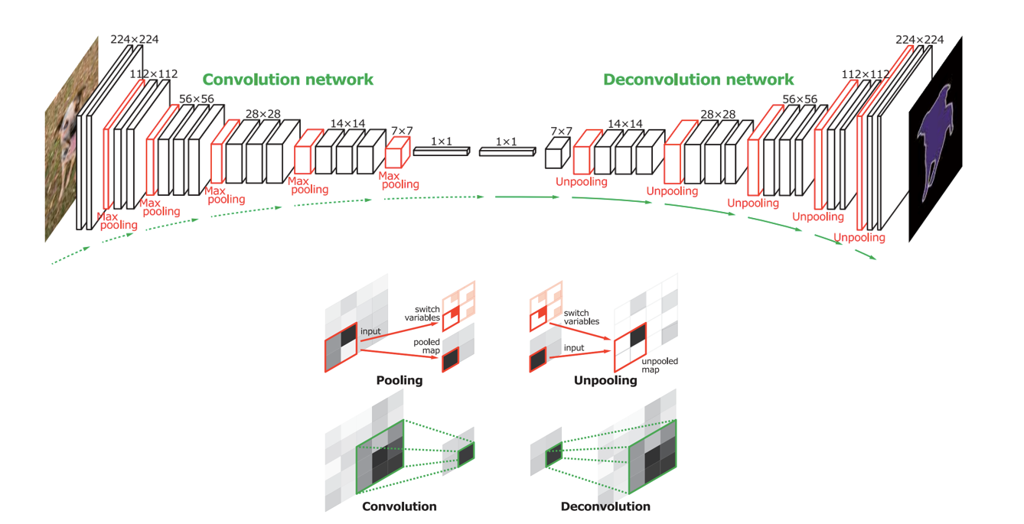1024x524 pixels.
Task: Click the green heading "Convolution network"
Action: coord(288,80)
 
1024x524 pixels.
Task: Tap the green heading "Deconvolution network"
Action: coord(698,80)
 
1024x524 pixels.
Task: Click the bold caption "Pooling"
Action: coord(399,380)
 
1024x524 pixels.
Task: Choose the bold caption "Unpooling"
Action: coord(605,380)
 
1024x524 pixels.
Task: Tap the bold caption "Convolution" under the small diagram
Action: coord(399,506)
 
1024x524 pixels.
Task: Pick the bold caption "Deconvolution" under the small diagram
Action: coord(605,506)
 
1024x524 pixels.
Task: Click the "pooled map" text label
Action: coord(427,347)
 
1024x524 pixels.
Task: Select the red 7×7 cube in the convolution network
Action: coord(395,155)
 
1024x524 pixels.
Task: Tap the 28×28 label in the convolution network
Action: coord(263,114)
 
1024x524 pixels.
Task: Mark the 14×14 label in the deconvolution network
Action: coord(625,123)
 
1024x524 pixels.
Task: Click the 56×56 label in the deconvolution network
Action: coord(799,99)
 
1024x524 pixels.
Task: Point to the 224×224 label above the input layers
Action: coord(135,40)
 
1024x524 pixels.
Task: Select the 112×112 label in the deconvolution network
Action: coord(866,74)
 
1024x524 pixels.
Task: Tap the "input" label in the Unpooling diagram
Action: coord(573,348)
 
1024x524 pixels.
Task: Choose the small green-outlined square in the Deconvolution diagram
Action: coord(553,457)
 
